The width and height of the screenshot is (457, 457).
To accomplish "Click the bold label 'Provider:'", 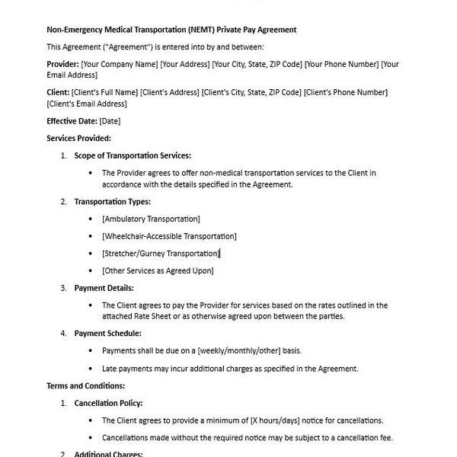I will (62, 65).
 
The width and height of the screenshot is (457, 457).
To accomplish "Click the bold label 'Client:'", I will (58, 93).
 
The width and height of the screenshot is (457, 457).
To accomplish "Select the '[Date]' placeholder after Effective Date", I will (110, 121).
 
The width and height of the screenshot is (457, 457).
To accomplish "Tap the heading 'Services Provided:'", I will (78, 138).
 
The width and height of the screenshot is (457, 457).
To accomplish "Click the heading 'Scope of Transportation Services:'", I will (133, 155).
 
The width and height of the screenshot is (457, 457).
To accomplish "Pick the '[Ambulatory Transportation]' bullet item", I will (151, 219).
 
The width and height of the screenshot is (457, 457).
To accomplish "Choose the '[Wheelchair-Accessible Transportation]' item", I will (169, 236).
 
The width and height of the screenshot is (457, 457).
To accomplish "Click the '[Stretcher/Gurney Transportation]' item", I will (161, 253).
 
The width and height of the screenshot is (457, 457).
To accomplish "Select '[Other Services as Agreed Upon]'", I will (158, 270).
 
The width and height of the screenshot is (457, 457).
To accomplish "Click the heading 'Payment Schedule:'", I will (107, 333).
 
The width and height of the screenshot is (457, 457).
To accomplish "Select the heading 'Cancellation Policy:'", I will (108, 403).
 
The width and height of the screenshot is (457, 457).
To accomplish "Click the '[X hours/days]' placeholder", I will (276, 420).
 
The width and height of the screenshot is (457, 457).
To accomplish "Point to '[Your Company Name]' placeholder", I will (120, 65).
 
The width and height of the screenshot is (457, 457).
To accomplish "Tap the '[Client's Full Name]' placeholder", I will (104, 93).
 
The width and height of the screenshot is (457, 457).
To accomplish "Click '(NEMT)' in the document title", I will (198, 30).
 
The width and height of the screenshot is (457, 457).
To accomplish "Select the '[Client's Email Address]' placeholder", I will (87, 104).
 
